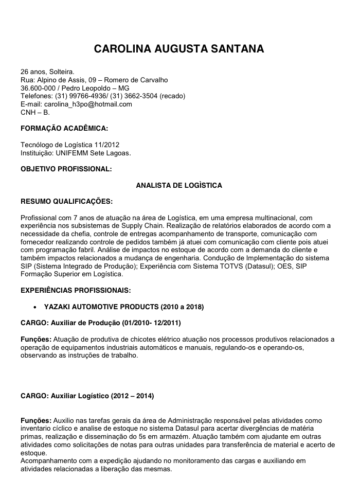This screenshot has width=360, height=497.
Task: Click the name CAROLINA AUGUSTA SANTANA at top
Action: coord(179,49)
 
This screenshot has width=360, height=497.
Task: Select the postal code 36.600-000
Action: coord(38,88)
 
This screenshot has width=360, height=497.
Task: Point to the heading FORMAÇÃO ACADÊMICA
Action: coord(64,128)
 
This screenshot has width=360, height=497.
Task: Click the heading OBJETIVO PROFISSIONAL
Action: coord(66,169)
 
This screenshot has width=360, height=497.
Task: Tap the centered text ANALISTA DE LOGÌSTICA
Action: coord(179,185)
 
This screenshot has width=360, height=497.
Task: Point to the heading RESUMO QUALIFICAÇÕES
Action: coord(66,201)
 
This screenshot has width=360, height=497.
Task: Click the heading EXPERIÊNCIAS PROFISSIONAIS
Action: coord(76,290)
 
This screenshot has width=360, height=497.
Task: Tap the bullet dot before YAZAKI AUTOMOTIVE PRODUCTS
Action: coord(34,307)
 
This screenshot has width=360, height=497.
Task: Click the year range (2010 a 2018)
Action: coord(182,307)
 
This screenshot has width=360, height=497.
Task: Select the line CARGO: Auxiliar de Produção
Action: coord(100,323)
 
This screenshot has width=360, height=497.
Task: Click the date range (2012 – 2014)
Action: coord(132,396)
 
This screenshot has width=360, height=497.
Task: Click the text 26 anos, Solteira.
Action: coord(47,72)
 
